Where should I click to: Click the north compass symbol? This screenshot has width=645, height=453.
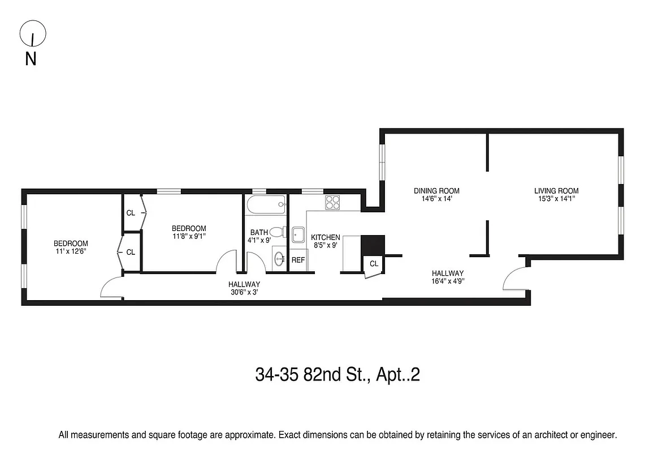coord(33,35)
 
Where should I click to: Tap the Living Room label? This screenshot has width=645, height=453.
coord(556,191)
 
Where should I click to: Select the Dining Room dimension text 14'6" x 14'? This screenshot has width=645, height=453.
coord(436,199)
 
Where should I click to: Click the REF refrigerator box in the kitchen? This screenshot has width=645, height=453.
coord(298,260)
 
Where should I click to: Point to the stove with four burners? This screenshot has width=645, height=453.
coord(332,202)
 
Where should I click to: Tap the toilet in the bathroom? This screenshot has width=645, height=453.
coord(277,232)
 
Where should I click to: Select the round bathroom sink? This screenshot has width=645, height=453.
coord(280,259)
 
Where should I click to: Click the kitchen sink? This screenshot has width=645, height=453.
coord(298,233)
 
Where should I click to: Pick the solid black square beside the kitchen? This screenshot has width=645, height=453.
coord(373,245)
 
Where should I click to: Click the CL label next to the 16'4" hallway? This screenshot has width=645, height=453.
coord(374,264)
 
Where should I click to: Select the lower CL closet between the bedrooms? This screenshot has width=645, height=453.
coord(131,252)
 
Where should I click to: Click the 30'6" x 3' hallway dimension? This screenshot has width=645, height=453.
coord(244,292)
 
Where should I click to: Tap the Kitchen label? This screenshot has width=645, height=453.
coord(326,237)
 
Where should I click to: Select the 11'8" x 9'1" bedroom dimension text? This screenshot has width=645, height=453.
coord(189,237)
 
